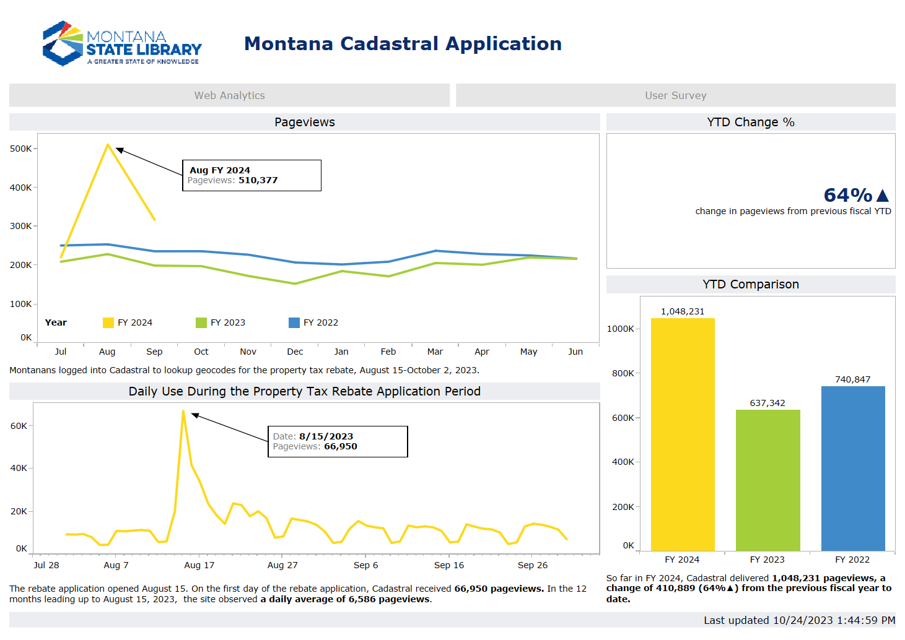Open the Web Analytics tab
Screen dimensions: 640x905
[229, 95]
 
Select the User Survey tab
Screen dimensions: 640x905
[675, 95]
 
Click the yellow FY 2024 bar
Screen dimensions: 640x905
[682, 433]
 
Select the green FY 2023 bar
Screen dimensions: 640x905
[767, 480]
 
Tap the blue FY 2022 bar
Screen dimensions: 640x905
[852, 468]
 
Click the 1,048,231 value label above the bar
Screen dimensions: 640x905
[682, 311]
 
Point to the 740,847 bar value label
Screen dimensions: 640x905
[852, 379]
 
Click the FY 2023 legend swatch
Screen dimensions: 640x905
[201, 322]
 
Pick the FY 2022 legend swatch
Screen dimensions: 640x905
[294, 322]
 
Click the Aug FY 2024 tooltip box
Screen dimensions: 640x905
[251, 175]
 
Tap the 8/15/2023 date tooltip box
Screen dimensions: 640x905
[338, 441]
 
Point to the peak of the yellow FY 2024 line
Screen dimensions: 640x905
[108, 145]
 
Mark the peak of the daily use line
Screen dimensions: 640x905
[183, 411]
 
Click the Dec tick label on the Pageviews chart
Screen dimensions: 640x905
[295, 352]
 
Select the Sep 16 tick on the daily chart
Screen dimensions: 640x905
[448, 565]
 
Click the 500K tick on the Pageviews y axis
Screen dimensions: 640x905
[20, 149]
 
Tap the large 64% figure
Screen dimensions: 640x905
[848, 195]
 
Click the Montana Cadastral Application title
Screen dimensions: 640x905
[403, 43]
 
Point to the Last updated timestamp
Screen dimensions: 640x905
[799, 620]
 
